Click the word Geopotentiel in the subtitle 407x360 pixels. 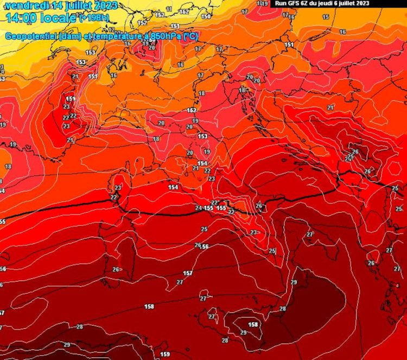(29, 36)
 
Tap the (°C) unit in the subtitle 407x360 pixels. (189, 36)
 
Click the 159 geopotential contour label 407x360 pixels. (165, 354)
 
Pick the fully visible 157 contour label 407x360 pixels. (187, 273)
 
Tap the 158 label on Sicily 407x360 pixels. (253, 325)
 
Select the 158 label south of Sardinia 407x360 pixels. (149, 307)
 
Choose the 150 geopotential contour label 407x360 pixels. (206, 16)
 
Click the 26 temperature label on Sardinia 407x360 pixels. (116, 269)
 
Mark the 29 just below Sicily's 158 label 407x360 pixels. (243, 332)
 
